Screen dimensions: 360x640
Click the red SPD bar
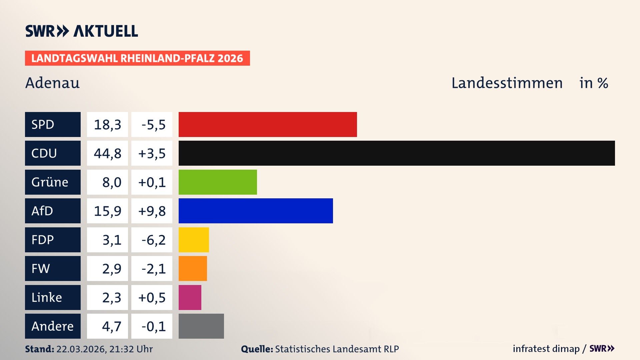point(268,124)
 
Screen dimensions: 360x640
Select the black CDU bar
point(397,153)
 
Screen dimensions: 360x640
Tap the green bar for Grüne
point(218,182)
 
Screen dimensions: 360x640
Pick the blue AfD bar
point(256,211)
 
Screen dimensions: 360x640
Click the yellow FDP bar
point(194,240)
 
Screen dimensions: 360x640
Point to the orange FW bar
point(193,268)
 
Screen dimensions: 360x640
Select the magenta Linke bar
point(190,297)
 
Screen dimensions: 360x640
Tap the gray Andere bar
point(201,326)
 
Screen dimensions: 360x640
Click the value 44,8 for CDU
point(107,153)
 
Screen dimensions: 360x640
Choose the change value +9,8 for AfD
point(152,211)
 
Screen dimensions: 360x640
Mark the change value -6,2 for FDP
point(153,240)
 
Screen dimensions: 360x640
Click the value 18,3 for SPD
point(107,125)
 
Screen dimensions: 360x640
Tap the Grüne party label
point(50,182)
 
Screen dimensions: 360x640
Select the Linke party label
point(47,297)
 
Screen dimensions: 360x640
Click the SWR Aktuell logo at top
point(81,31)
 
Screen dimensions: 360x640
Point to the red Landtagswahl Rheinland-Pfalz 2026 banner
point(137,58)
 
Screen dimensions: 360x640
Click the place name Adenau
point(52,83)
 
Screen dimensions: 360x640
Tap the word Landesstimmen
point(507,83)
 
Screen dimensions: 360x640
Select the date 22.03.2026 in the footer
point(80,349)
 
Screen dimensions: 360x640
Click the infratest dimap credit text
point(546,349)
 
